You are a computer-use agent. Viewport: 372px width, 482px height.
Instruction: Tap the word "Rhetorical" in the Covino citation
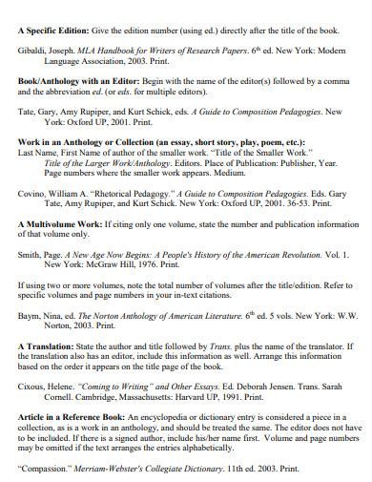[x=110, y=191]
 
